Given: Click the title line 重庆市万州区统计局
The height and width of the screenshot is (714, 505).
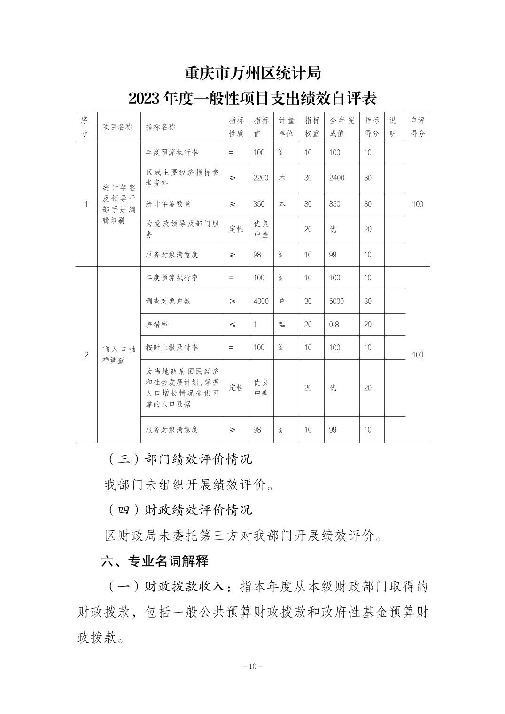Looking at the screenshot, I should [252, 74].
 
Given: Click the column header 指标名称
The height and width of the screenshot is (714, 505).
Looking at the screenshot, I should [161, 127].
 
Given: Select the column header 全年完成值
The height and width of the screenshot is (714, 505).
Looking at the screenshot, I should [342, 127].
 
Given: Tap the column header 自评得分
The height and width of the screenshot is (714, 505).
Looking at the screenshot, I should [417, 127].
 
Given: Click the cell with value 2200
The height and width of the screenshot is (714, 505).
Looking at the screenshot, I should [261, 178].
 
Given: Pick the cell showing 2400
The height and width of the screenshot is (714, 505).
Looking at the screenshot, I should [336, 178].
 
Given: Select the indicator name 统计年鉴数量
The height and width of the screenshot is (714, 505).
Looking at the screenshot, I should [168, 204].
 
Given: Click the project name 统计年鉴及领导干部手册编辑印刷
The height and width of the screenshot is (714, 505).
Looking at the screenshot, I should [119, 204].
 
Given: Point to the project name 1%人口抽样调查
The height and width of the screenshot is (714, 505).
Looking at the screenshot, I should [119, 355].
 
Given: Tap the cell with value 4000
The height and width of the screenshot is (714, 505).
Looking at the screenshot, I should [261, 301].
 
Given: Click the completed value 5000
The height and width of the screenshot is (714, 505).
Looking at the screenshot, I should [336, 301].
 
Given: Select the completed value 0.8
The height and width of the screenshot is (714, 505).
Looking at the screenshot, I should [334, 325].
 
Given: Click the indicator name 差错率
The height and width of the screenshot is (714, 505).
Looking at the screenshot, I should [157, 325].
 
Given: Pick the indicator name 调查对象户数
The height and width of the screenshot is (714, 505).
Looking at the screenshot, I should [168, 301].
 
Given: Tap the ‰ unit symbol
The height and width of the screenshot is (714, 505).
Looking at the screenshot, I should [282, 325].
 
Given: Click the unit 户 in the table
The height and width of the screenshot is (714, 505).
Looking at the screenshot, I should [282, 301].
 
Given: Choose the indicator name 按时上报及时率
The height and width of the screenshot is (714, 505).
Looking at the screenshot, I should [172, 348].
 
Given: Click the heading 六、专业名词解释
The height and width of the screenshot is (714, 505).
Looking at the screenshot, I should [155, 561].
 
